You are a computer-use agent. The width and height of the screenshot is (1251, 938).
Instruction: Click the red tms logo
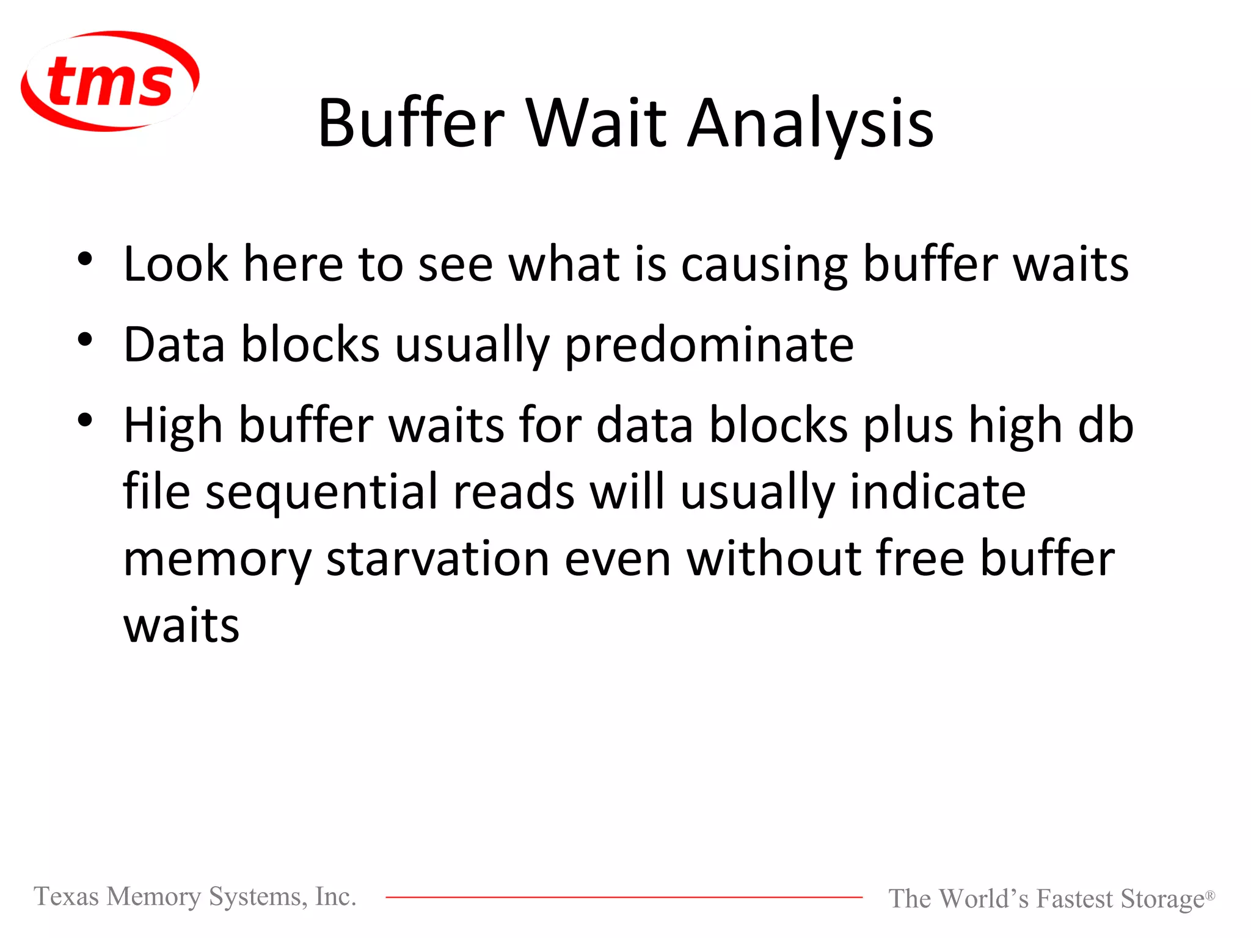pos(110,81)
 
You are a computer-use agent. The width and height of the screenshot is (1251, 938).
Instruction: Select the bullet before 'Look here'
pos(85,259)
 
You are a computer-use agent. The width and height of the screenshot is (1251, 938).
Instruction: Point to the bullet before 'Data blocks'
pos(85,340)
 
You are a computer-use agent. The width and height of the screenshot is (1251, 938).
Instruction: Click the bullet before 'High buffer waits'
pos(85,420)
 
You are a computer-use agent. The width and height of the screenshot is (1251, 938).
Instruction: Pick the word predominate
pos(709,345)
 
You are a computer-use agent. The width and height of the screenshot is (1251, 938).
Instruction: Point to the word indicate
pos(938,492)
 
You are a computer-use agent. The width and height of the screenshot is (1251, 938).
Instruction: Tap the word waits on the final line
pos(181,627)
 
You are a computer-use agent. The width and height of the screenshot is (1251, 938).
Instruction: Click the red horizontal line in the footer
pos(623,897)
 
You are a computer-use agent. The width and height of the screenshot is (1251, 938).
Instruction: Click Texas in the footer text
pos(66,896)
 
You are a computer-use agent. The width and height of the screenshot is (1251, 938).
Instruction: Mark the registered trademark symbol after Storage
pos(1209,894)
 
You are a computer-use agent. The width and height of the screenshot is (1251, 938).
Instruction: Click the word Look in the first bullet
pos(175,264)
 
